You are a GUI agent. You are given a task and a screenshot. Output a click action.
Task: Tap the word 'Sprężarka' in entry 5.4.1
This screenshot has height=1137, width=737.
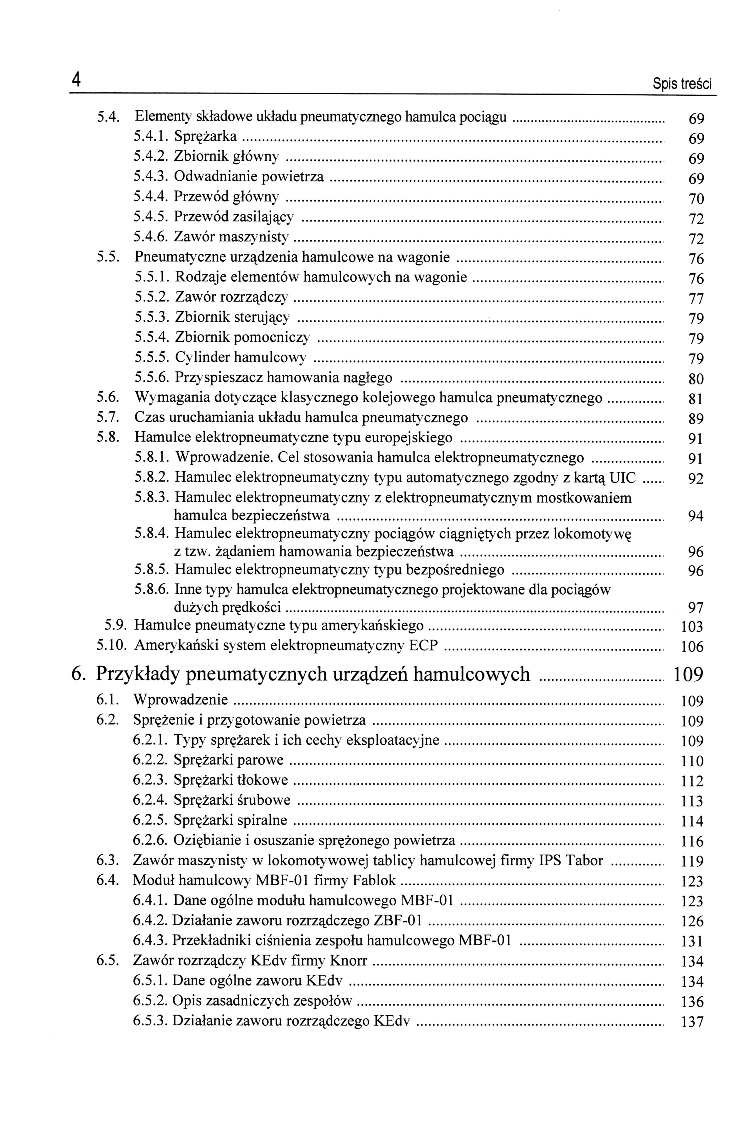(205, 137)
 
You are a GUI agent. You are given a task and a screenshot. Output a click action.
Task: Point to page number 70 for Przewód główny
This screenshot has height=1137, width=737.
(696, 199)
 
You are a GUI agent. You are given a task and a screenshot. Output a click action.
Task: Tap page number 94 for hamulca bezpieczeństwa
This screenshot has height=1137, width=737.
(696, 516)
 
